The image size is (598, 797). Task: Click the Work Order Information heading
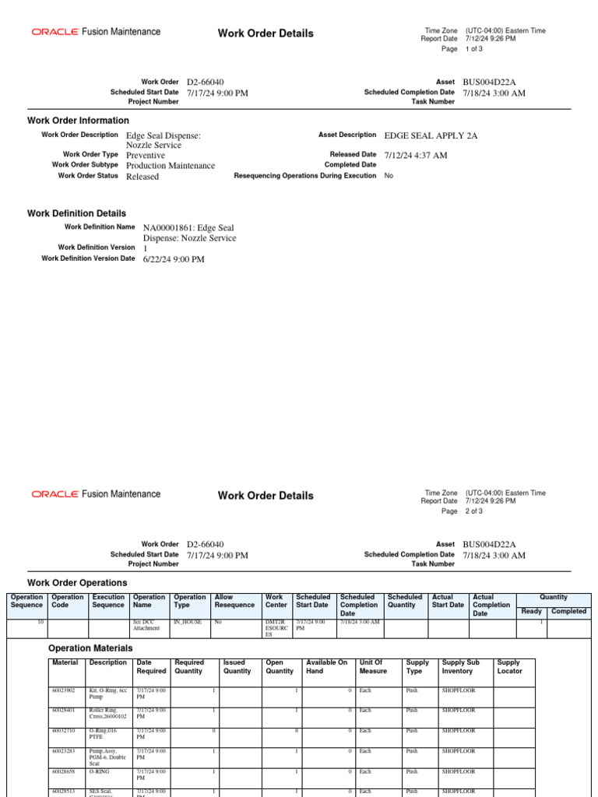[x=78, y=121]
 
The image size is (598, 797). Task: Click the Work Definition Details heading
[x=76, y=213]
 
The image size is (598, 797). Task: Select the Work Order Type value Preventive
[x=146, y=155]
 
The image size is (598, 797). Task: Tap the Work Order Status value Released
[x=142, y=177]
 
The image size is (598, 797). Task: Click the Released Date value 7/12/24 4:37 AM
[x=416, y=155]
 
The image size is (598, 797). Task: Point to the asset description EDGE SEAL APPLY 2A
[x=431, y=135]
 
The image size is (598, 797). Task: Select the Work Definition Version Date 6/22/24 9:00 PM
[x=174, y=259]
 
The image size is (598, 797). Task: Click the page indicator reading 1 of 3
[x=473, y=48]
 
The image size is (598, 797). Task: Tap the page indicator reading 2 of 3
[x=473, y=511]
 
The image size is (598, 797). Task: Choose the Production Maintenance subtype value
[x=171, y=166]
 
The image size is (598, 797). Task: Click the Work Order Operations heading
[x=77, y=583]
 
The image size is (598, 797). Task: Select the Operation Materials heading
[x=90, y=648]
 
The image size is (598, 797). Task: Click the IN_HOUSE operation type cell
[x=187, y=623]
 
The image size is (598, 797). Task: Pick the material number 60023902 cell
[x=63, y=690]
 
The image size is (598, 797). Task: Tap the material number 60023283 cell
[x=63, y=751]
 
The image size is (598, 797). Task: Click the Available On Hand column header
[x=327, y=666]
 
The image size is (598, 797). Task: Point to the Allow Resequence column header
[x=234, y=601]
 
